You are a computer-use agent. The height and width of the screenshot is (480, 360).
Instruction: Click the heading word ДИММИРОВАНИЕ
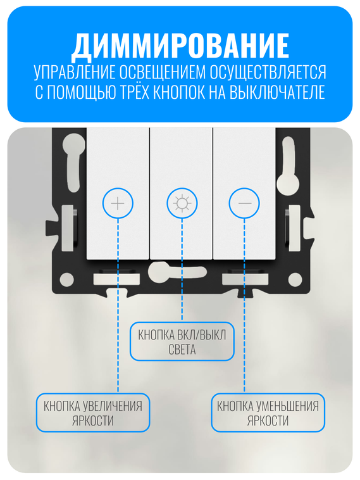(180, 45)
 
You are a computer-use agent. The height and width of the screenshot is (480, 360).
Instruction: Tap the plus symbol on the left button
(118, 203)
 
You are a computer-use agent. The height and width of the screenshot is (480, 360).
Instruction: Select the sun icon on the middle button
(182, 203)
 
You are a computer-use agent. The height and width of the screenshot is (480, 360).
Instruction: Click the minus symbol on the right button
(244, 203)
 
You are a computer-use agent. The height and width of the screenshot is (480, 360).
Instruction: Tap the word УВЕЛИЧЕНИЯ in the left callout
(115, 405)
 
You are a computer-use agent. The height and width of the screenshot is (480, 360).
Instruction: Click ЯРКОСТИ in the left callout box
(92, 420)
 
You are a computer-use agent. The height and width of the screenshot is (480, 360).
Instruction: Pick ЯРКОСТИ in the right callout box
(268, 420)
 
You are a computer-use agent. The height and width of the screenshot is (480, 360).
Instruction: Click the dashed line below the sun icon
(182, 272)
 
